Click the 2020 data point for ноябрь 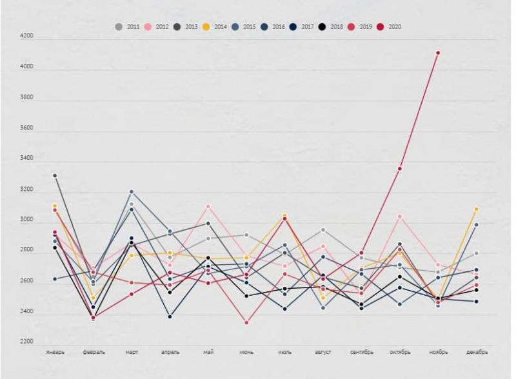438,53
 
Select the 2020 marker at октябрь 400,169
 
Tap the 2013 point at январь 55,175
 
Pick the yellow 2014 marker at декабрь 477,209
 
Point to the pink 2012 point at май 208,206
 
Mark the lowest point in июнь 246,322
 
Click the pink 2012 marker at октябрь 400,217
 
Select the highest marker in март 131,191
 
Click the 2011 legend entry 127,27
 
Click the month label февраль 94,353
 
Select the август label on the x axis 323,353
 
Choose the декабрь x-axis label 477,353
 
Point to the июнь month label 246,353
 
